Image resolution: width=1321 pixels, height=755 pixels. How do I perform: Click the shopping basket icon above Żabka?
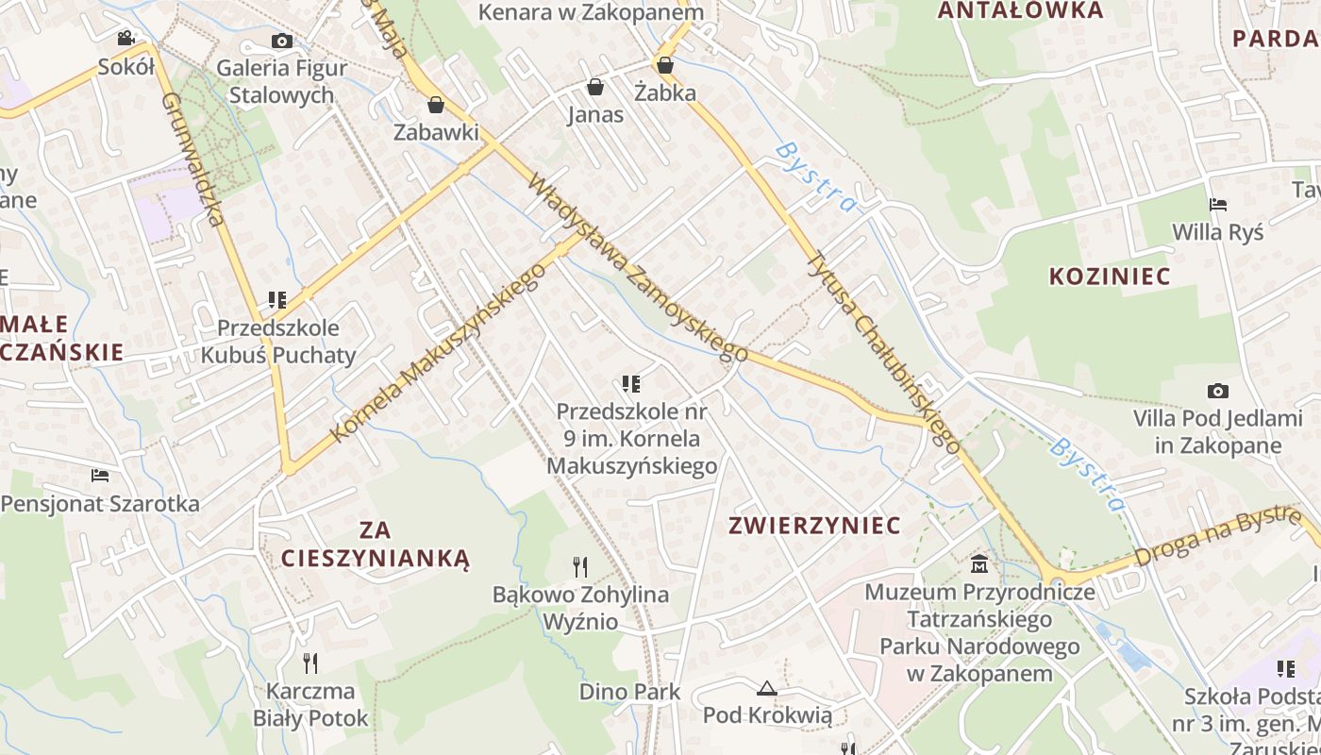(665, 65)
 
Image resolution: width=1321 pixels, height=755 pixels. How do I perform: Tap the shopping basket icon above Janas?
(595, 88)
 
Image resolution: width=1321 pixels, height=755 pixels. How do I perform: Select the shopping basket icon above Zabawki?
(436, 105)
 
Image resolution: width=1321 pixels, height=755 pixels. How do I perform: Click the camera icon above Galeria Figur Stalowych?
(281, 41)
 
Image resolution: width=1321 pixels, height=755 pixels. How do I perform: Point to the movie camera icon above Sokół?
(125, 38)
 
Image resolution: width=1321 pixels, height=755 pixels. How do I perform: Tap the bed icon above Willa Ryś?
(1217, 205)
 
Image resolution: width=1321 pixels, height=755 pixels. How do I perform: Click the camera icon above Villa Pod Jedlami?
(1217, 391)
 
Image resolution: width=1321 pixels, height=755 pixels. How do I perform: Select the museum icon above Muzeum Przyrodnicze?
(980, 564)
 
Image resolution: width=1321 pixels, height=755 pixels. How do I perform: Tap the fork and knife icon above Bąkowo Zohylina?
(580, 566)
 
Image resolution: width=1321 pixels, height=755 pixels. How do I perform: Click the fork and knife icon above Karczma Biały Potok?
(309, 663)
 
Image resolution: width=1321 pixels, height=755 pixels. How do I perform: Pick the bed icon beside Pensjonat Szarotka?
(100, 475)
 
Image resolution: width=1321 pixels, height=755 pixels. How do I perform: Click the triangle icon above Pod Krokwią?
(767, 688)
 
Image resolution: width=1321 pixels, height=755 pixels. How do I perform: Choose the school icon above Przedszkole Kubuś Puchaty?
(276, 300)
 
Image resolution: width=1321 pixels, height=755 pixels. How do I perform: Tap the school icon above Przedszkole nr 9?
(631, 384)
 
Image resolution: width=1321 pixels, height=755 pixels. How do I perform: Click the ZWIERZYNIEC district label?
(814, 526)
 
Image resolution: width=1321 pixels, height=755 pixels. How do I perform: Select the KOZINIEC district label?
(1110, 277)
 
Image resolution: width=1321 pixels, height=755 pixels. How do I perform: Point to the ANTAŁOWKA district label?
(1020, 10)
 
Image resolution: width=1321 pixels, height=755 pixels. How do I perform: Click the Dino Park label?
(629, 692)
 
